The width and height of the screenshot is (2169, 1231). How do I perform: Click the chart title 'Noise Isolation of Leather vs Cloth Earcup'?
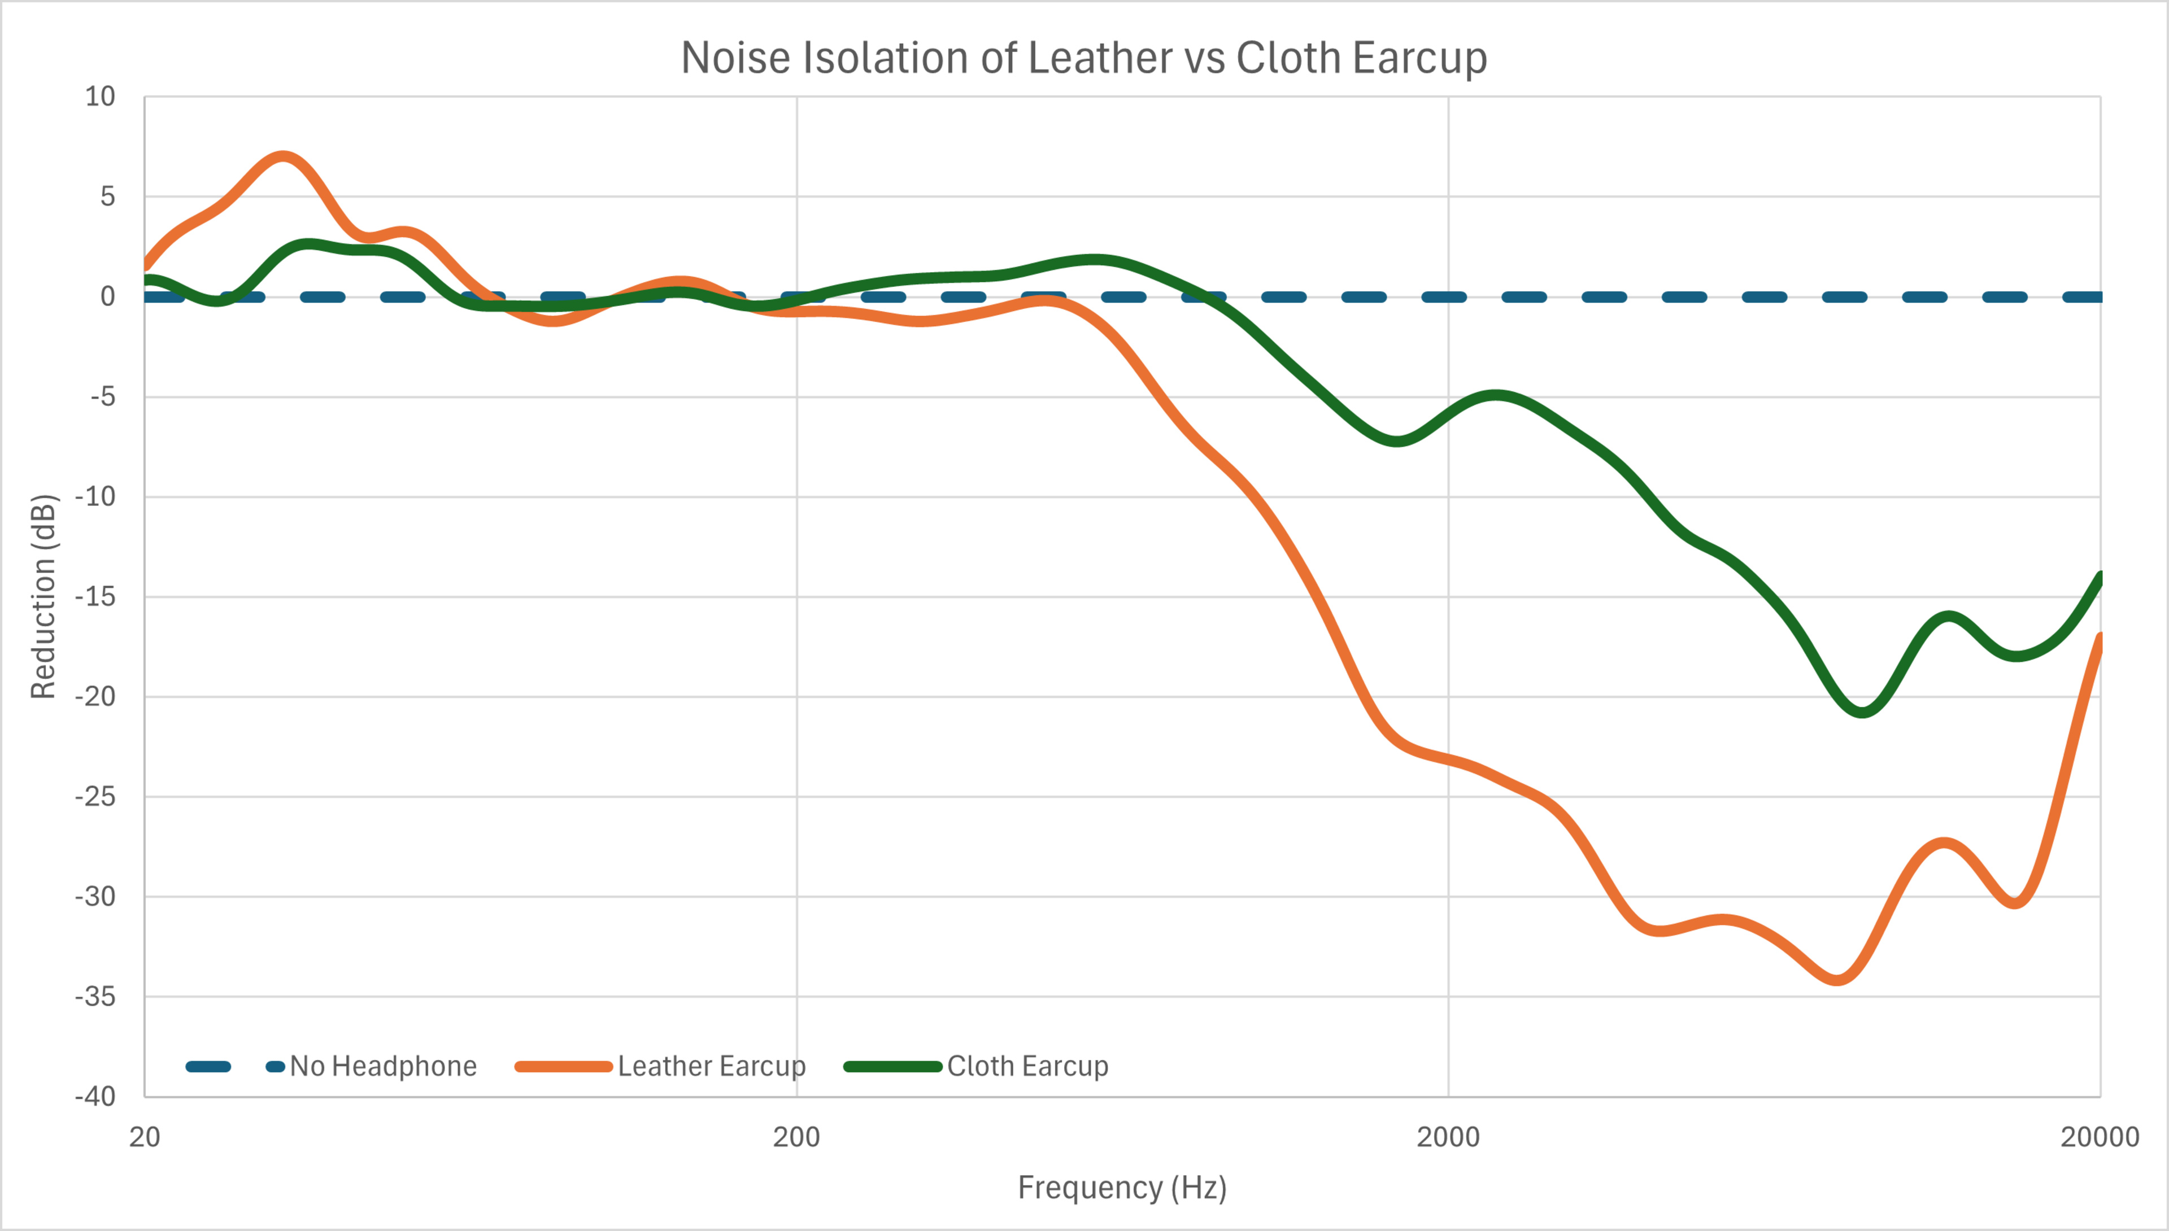[1083, 58]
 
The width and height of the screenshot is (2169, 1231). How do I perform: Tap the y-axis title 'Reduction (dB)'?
[43, 596]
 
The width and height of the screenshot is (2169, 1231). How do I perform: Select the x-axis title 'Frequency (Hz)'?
[1122, 1187]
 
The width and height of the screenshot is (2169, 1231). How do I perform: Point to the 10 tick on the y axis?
[100, 97]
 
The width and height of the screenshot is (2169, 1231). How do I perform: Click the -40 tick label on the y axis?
[95, 1097]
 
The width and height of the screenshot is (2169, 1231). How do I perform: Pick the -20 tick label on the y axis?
[95, 697]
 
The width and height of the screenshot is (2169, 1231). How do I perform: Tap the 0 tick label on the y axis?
[107, 297]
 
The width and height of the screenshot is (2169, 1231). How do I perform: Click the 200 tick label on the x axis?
[796, 1137]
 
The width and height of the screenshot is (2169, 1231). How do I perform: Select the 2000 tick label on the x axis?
[1448, 1137]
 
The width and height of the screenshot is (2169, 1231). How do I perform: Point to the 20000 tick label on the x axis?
[2099, 1137]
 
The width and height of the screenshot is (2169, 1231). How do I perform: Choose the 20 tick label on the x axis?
[145, 1137]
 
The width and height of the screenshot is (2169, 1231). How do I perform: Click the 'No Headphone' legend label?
[383, 1066]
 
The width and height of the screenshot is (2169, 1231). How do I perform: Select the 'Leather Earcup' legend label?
[711, 1066]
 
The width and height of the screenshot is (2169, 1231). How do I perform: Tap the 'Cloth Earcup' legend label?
[1027, 1066]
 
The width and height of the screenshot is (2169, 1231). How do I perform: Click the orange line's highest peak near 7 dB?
[284, 156]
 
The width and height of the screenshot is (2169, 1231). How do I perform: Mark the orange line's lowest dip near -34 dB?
[1837, 980]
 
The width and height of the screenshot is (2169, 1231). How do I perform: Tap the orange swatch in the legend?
[563, 1066]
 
